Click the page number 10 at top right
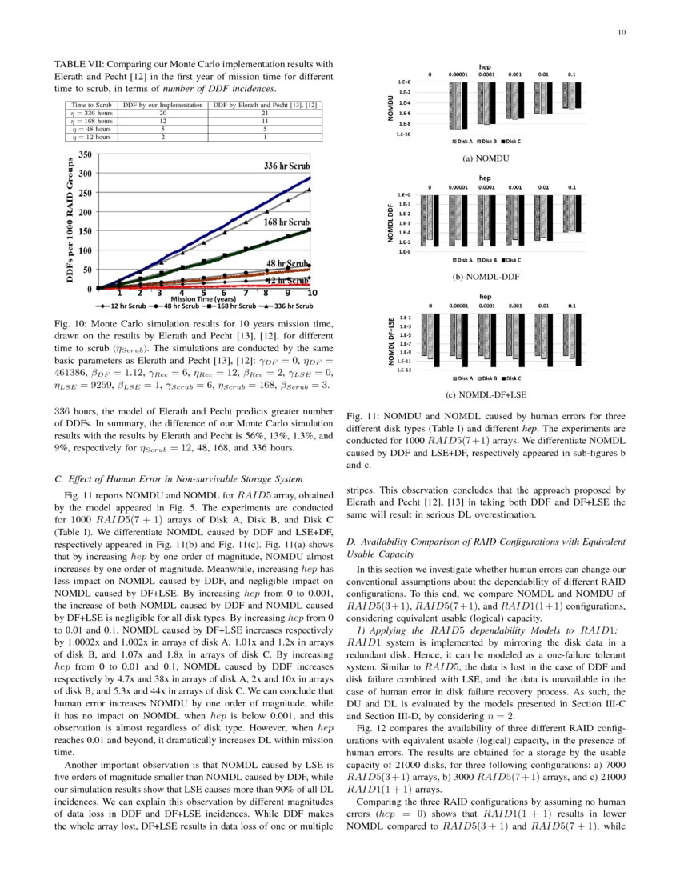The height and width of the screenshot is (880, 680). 621,33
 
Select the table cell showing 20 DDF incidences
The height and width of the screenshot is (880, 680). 162,113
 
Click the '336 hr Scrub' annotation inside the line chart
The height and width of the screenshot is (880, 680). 286,166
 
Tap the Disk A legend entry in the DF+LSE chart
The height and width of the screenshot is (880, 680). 465,378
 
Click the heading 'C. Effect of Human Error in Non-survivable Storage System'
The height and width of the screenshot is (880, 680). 177,479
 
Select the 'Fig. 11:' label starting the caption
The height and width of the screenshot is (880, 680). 362,417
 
